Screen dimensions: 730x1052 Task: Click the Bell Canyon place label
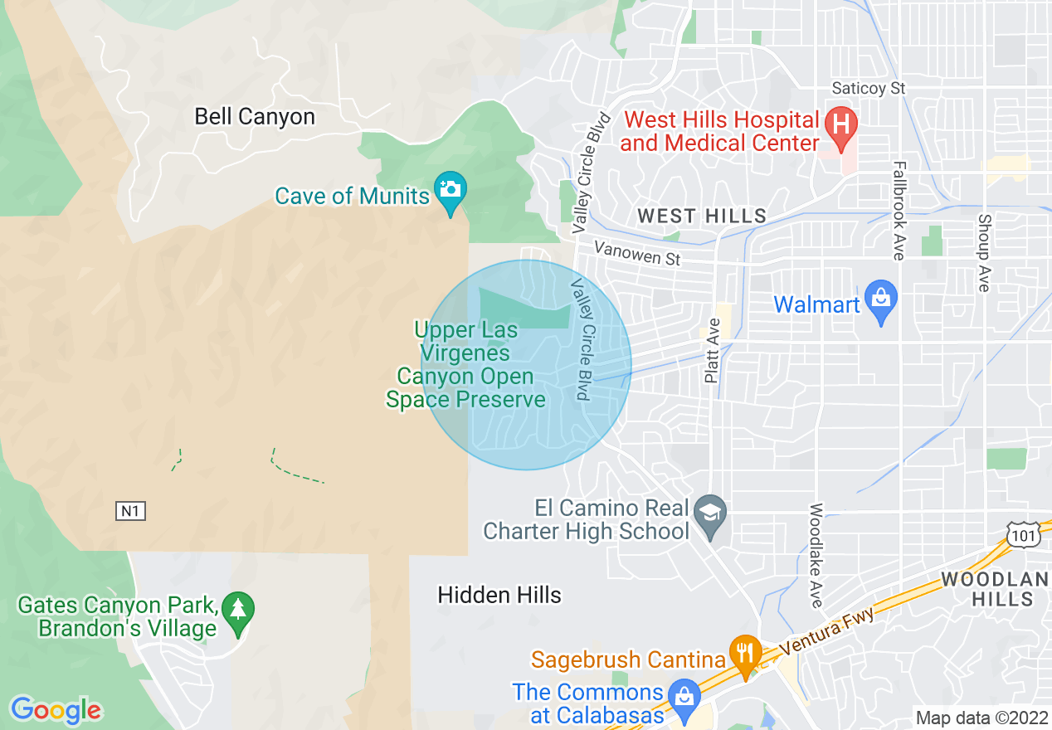tap(255, 116)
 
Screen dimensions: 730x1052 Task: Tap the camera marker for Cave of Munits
tap(451, 189)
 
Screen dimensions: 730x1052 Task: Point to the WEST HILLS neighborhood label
tap(702, 217)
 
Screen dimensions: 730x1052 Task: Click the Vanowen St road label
tap(637, 254)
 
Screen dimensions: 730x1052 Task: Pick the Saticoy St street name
tap(869, 88)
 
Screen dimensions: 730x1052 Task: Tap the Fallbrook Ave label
tap(898, 211)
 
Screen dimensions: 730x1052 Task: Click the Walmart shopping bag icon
tap(880, 298)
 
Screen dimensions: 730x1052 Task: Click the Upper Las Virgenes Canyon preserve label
tap(466, 365)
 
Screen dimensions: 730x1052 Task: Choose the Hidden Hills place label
tap(499, 595)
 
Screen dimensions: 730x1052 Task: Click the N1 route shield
tap(130, 511)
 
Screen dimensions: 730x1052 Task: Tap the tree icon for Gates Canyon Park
tap(239, 611)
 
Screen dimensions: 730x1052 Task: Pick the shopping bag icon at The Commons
tap(684, 694)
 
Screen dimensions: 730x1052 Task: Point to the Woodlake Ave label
tap(816, 555)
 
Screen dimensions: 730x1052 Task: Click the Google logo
tap(56, 710)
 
